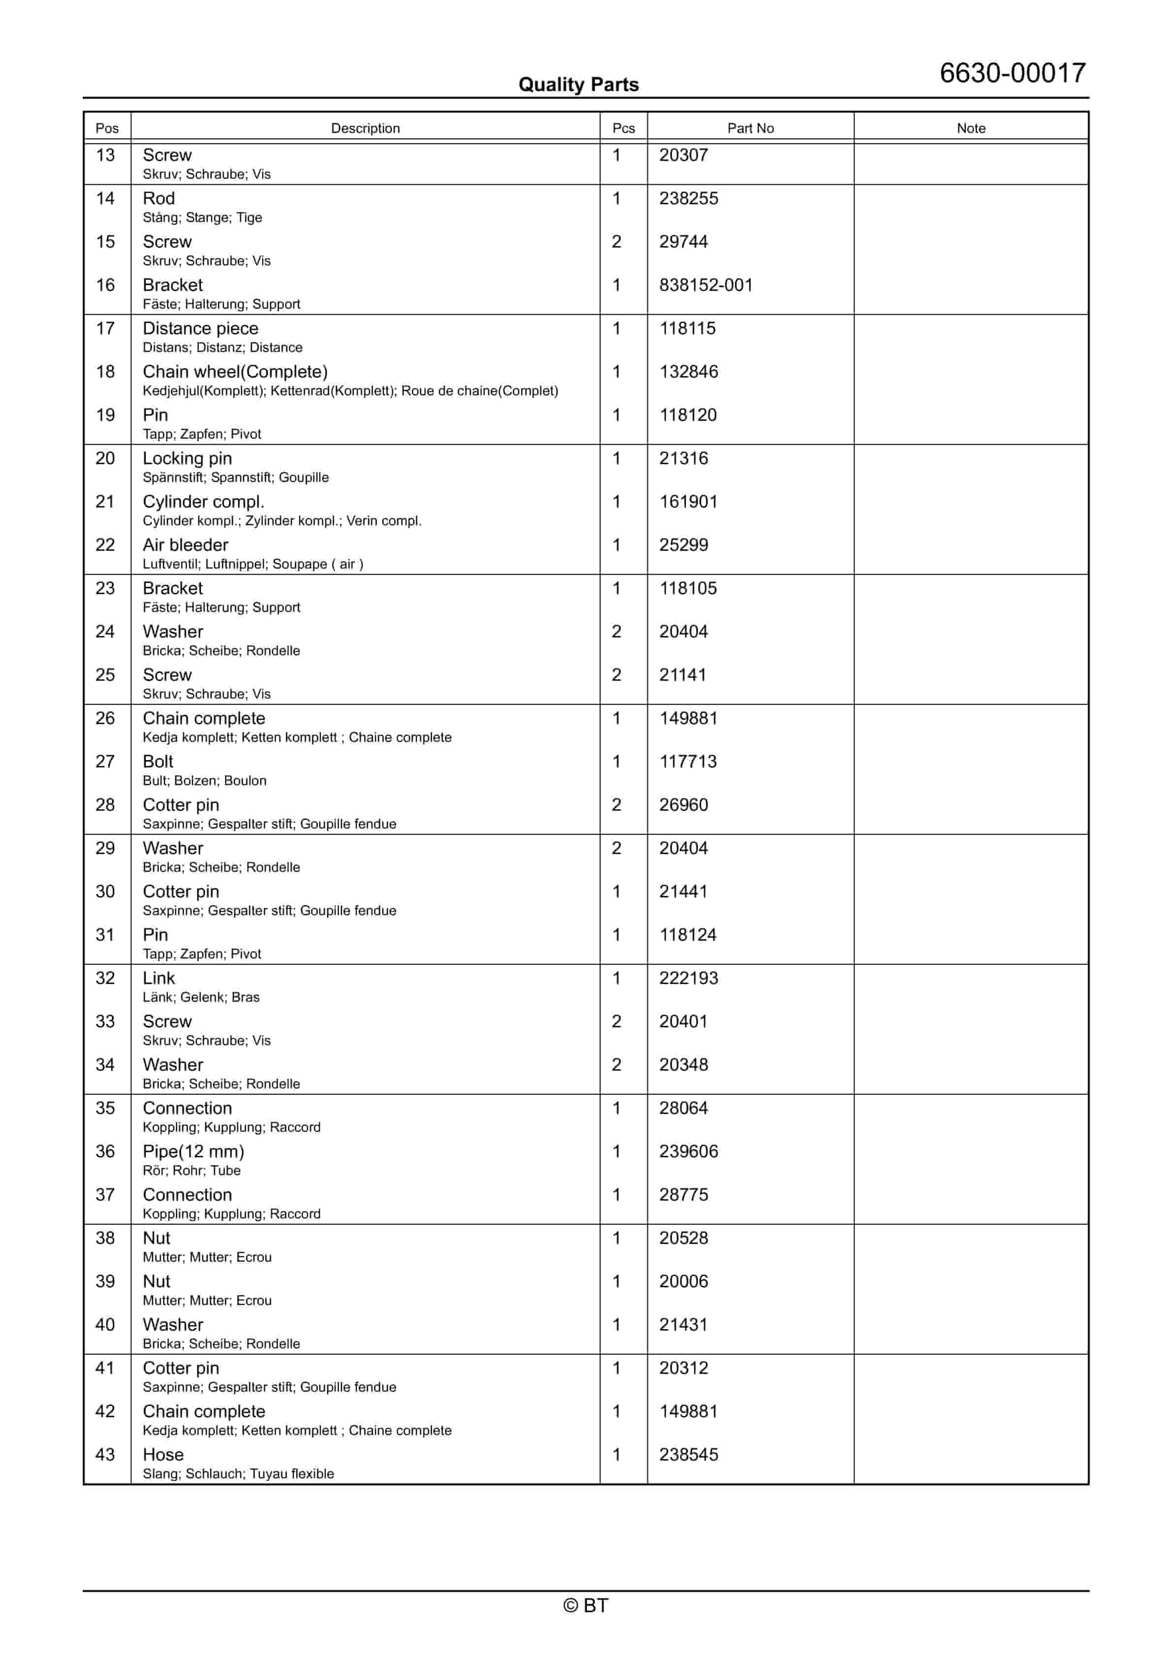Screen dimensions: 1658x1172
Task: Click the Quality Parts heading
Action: click(578, 85)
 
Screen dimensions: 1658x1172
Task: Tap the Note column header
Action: click(971, 128)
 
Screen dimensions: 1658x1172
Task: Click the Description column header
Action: click(365, 128)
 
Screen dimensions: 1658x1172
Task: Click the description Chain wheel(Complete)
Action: click(235, 372)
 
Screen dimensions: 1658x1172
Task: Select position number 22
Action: click(105, 545)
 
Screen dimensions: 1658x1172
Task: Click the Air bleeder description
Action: click(185, 545)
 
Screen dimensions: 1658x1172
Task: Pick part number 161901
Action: click(688, 502)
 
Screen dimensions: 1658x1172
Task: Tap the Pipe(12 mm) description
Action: click(193, 1152)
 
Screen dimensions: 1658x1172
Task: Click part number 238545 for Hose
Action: click(688, 1455)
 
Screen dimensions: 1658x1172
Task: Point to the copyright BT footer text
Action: click(586, 1606)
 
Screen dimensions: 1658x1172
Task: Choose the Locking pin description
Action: click(187, 458)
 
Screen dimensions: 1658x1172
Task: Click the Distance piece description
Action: click(200, 328)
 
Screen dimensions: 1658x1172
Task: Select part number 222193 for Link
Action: click(688, 979)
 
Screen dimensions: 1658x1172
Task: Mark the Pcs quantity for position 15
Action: click(617, 242)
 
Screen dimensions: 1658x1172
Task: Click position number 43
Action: click(105, 1455)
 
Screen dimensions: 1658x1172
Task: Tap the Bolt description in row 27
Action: click(158, 762)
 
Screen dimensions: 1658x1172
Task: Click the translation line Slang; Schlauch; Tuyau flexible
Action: click(238, 1474)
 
